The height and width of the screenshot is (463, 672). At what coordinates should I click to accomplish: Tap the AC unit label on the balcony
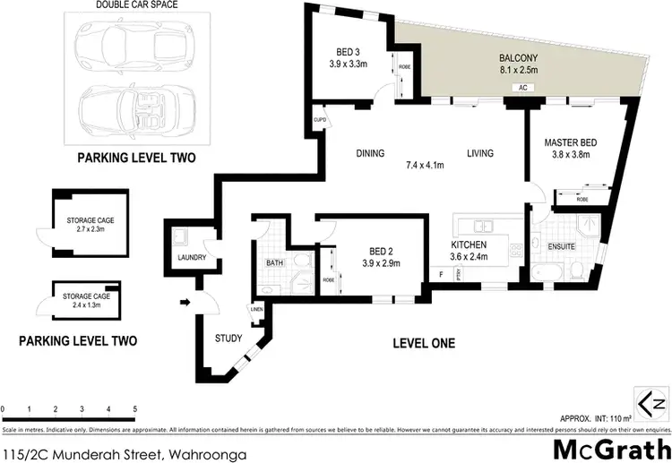coord(521,88)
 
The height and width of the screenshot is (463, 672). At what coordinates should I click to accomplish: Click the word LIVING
coord(479,153)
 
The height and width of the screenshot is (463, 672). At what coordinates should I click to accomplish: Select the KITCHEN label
coord(469,244)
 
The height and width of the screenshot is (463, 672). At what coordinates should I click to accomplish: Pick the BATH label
coord(274,263)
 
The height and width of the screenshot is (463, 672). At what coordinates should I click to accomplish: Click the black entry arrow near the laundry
coord(185,302)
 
